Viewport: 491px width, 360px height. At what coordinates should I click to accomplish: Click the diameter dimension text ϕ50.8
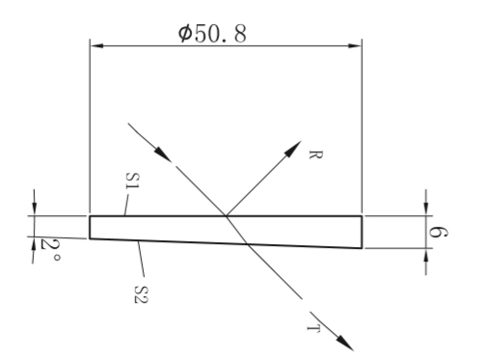212,34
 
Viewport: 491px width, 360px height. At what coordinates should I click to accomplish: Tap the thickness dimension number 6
438,233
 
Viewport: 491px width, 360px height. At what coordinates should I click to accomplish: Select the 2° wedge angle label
50,249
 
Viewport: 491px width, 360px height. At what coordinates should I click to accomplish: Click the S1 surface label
132,180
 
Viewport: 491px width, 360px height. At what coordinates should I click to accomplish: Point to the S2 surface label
141,294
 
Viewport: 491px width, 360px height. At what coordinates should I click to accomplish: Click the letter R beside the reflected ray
315,154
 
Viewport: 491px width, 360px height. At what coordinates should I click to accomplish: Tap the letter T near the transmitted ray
314,328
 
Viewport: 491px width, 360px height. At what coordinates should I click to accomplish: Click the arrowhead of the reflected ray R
293,149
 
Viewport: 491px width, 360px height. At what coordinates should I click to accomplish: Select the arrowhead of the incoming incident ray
163,153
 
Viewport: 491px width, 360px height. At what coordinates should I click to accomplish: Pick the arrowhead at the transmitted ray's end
345,343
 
